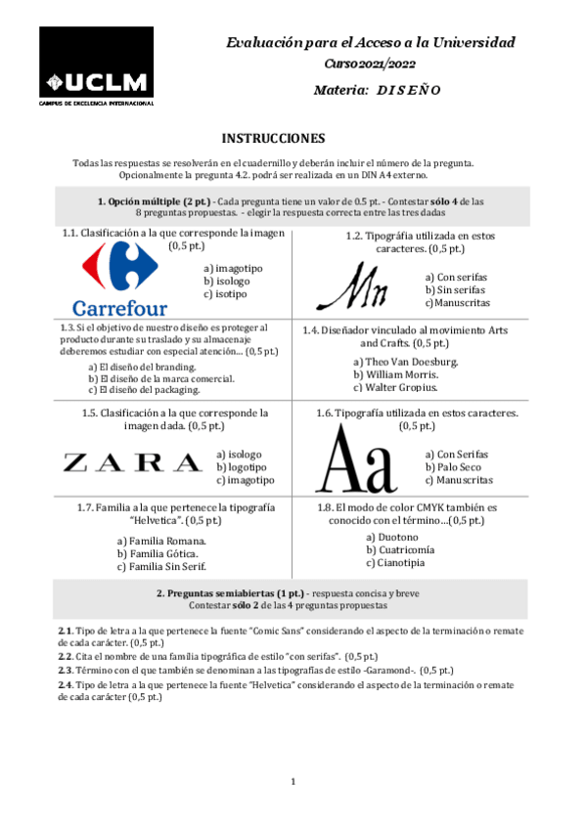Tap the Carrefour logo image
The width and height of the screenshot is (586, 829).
coord(119,281)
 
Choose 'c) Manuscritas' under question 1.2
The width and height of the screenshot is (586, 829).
coord(456,303)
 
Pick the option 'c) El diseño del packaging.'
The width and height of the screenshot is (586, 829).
coord(144,389)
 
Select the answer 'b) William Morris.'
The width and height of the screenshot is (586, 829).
coord(396,374)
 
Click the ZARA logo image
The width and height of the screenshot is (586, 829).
coord(132,461)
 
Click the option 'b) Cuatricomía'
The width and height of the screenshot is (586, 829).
coord(401,549)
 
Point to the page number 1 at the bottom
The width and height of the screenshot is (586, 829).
coord(293,781)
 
